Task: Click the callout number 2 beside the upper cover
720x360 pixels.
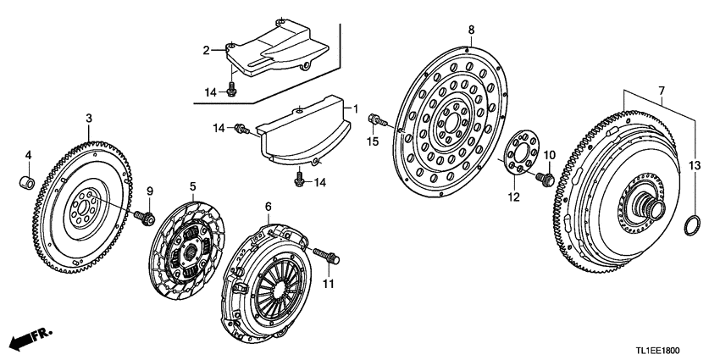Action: [206, 51]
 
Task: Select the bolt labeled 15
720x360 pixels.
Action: [379, 124]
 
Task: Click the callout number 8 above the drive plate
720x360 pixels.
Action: [471, 30]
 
